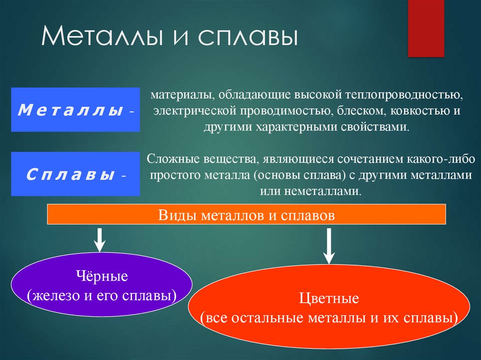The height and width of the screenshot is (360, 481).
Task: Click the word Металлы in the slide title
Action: coord(101,36)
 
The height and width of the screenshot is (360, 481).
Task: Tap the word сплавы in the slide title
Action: coord(248,37)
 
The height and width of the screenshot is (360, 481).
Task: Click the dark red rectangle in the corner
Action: coord(426,29)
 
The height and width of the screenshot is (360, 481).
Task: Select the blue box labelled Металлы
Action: coord(76,109)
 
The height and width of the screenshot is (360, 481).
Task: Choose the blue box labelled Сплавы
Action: coord(76,174)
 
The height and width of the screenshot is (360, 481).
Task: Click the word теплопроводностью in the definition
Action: coord(404,95)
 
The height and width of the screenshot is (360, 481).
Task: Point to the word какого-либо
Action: coord(441,159)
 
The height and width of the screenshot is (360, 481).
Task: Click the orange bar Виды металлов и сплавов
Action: coord(246,214)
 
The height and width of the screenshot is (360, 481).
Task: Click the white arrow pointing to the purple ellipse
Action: coord(100,239)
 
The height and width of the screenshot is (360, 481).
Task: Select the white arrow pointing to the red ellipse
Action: coord(329,246)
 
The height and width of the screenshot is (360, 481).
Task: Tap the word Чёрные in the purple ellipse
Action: coord(102,276)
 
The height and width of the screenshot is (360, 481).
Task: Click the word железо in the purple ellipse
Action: coord(54,296)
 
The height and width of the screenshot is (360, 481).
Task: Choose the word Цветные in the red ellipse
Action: coord(329,298)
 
